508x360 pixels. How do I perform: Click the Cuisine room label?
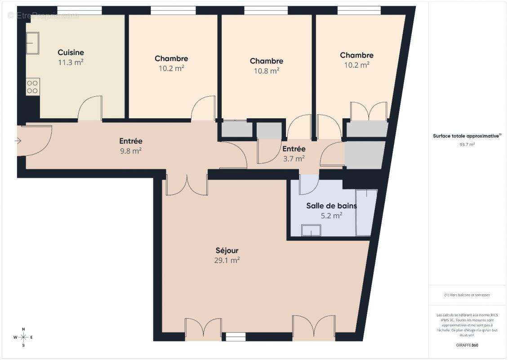[71, 53]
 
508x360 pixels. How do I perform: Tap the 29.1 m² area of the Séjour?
[227, 260]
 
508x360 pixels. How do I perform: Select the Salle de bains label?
[331, 206]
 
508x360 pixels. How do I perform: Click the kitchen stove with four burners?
[32, 86]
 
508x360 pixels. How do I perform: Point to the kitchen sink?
[32, 43]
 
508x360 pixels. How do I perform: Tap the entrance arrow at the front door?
[18, 141]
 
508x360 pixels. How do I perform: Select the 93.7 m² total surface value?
[467, 144]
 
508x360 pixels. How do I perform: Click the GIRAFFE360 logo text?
[467, 344]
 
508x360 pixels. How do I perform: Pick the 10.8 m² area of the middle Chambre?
[267, 71]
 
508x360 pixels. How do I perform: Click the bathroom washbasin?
[311, 231]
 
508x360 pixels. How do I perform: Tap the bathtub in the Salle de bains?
[366, 212]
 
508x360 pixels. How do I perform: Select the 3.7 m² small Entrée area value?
[294, 158]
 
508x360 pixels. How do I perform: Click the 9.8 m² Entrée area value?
[130, 151]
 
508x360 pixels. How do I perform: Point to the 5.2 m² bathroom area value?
[331, 216]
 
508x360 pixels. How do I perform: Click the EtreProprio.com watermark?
[43, 15]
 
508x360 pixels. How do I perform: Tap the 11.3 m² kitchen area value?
[71, 63]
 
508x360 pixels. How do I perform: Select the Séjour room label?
[227, 251]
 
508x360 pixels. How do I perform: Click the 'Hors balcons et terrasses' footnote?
[467, 295]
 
